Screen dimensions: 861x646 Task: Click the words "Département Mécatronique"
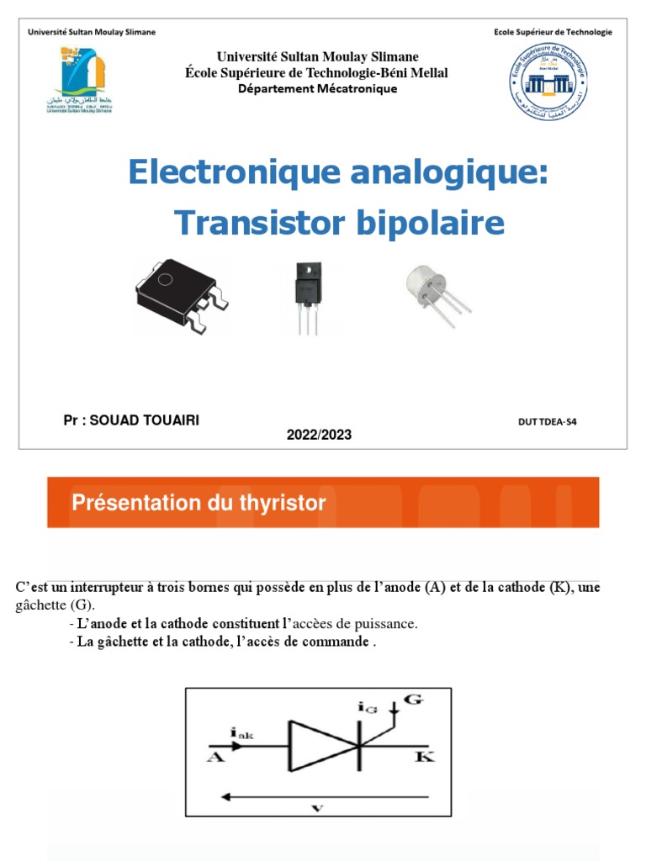click(x=317, y=89)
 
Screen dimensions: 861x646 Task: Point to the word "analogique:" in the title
click(x=437, y=172)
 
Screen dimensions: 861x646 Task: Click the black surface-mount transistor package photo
click(x=180, y=295)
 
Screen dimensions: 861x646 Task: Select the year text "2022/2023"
click(x=319, y=435)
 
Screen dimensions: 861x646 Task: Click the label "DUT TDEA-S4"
click(x=548, y=422)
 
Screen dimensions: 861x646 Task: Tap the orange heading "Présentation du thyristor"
click(x=199, y=504)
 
